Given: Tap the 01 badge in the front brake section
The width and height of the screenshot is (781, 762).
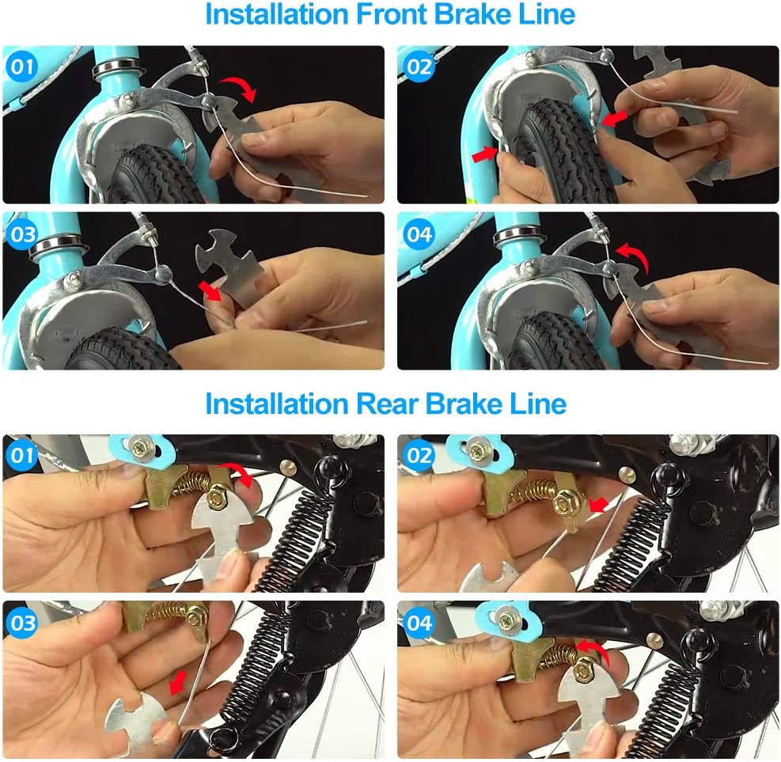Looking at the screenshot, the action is pos(21,66).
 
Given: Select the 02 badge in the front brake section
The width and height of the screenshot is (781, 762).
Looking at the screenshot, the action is pos(419,66).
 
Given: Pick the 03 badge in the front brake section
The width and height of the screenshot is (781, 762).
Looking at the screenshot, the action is pos(21,233).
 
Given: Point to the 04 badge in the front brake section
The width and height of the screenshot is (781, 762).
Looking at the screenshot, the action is pos(419,233).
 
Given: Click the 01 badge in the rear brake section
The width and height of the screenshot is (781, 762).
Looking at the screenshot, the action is pos(21,455).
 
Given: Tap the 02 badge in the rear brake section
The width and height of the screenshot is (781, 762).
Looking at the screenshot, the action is pos(419,455).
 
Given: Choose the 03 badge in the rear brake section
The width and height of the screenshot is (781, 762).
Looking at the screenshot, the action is pos(21,623).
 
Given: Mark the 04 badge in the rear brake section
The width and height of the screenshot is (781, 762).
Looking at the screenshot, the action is pos(419,623).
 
